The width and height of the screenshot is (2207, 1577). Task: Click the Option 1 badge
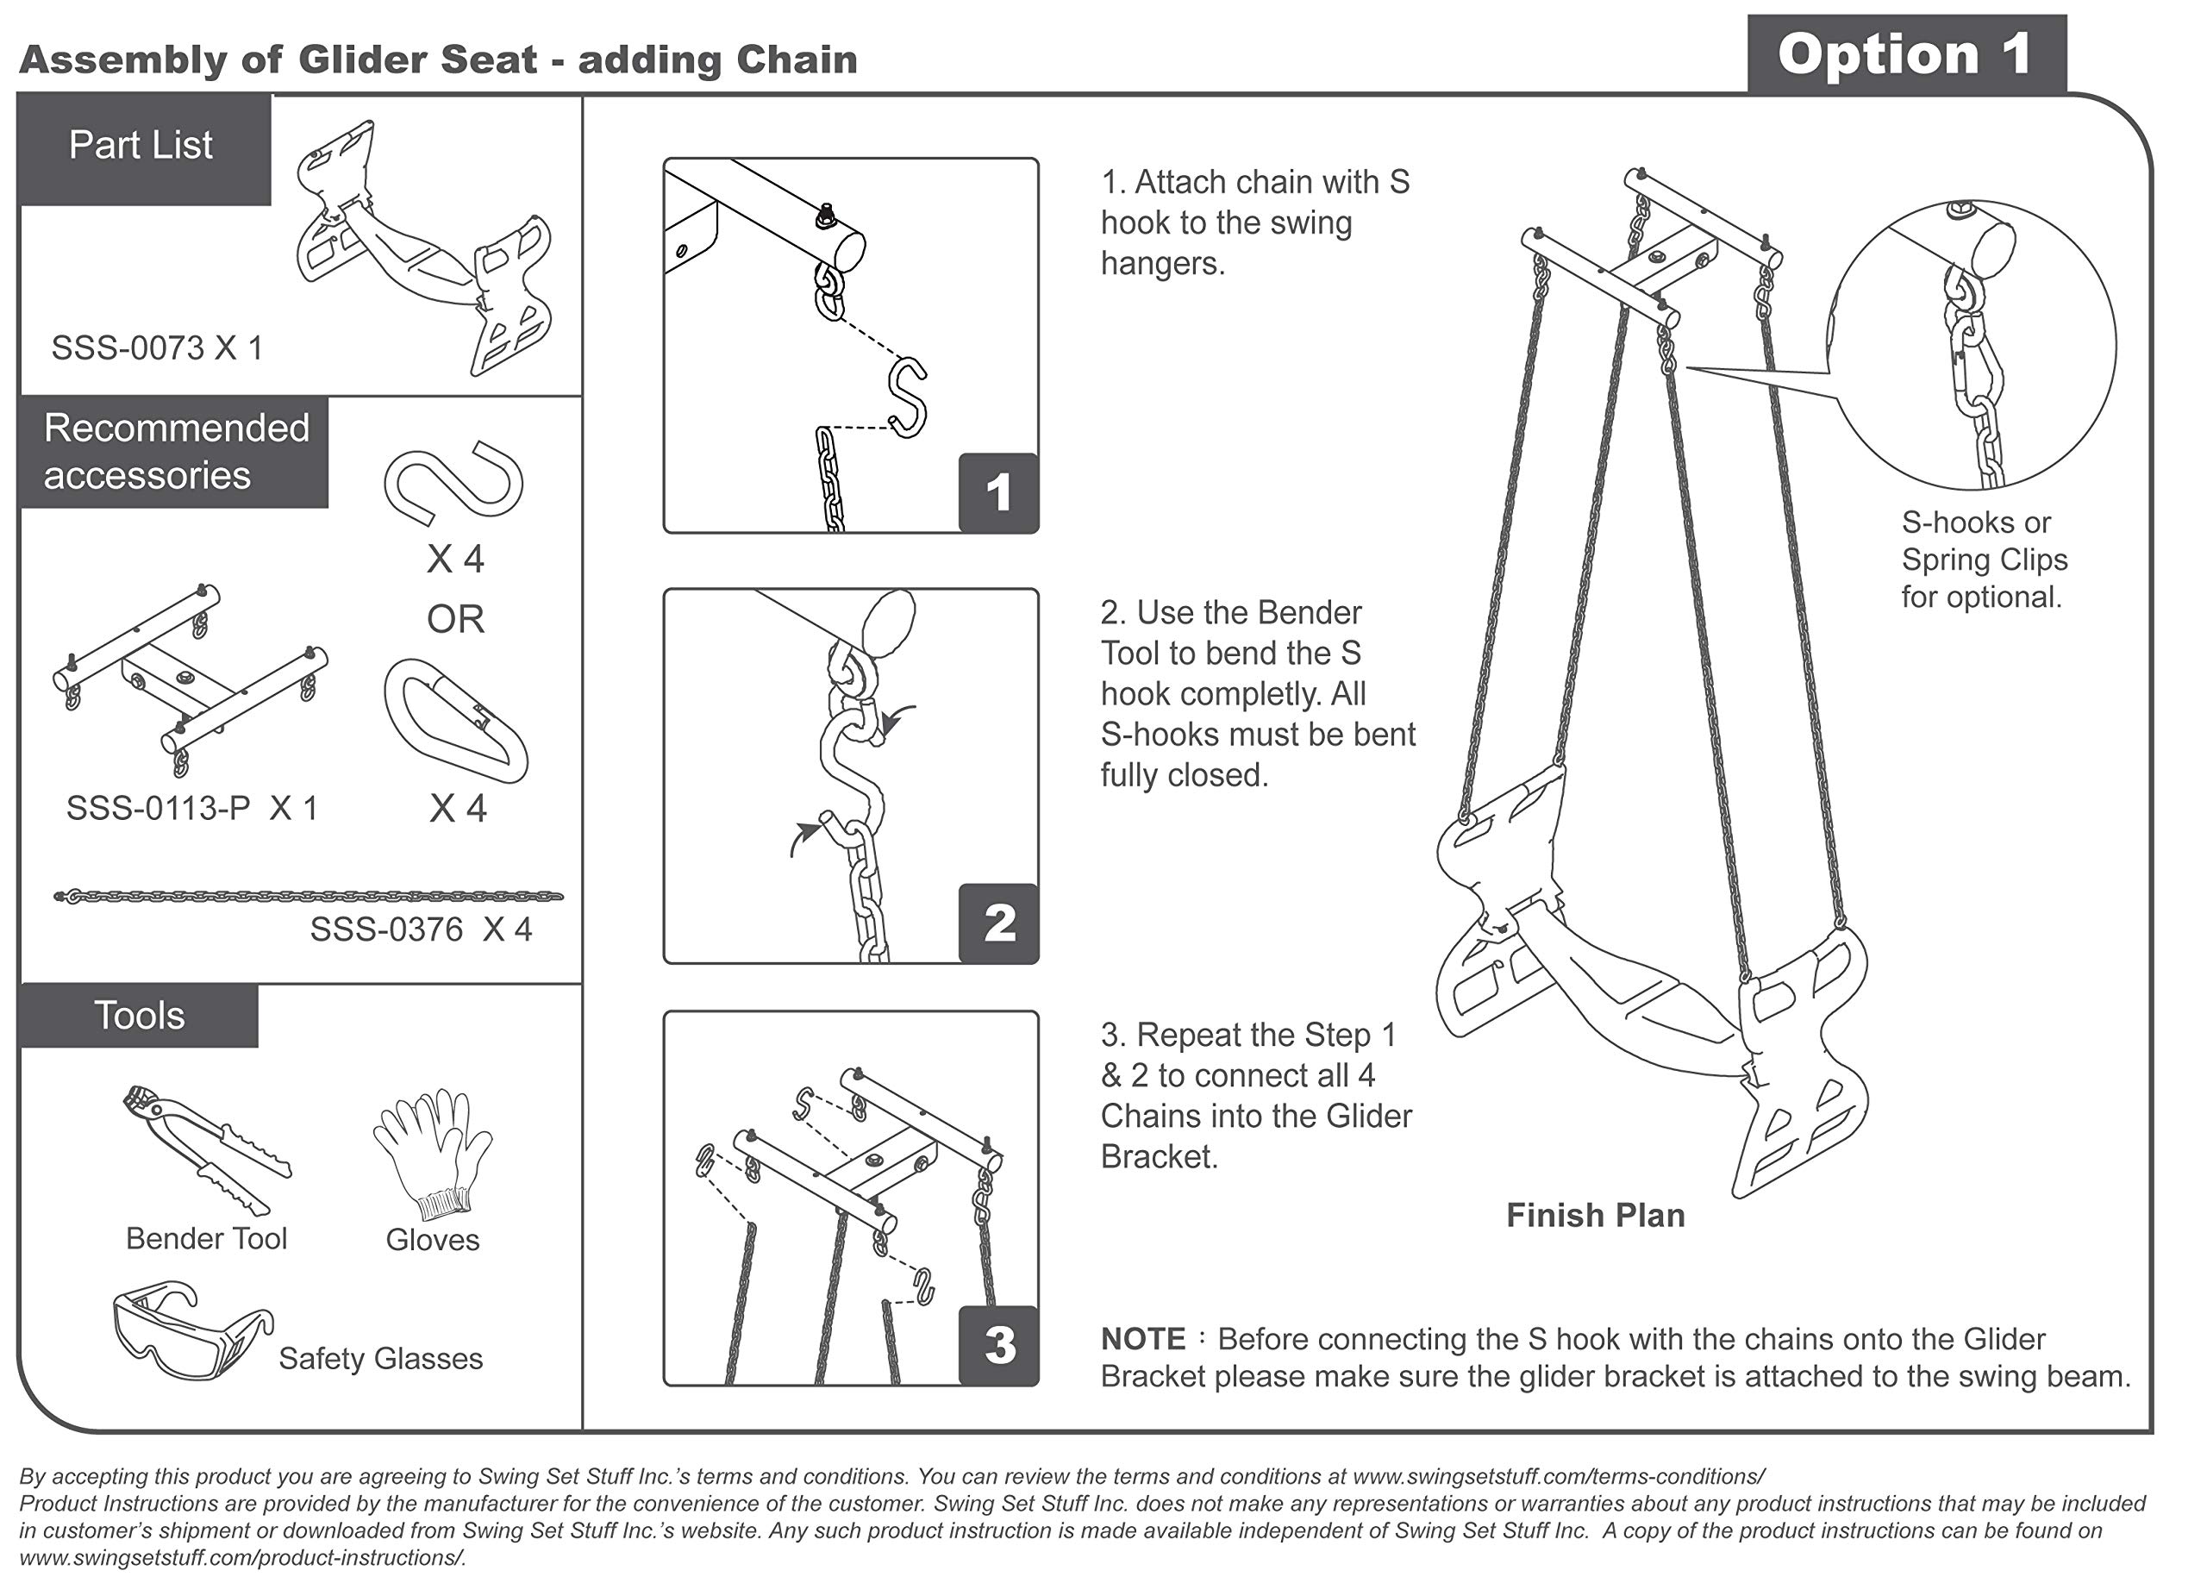(1906, 53)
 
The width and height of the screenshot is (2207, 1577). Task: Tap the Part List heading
(141, 146)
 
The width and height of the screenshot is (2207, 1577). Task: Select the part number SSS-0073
(128, 347)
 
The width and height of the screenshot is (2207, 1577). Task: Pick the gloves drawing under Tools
(432, 1154)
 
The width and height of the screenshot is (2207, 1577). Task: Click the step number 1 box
(998, 492)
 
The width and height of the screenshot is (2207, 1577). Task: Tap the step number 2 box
(998, 923)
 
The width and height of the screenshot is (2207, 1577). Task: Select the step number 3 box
(998, 1345)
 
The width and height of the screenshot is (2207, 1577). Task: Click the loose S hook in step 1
(907, 398)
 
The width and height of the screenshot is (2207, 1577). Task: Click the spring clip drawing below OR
(456, 722)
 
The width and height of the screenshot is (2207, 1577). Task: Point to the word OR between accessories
(455, 618)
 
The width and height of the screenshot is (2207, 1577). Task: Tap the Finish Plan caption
(1595, 1215)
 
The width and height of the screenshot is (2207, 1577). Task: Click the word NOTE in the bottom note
(1143, 1339)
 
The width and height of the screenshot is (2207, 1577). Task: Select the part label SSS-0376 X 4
(421, 929)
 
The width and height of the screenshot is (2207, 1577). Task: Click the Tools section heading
(140, 1016)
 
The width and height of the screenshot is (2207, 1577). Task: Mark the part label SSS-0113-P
(159, 808)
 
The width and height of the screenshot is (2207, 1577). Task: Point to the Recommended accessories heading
(176, 452)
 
